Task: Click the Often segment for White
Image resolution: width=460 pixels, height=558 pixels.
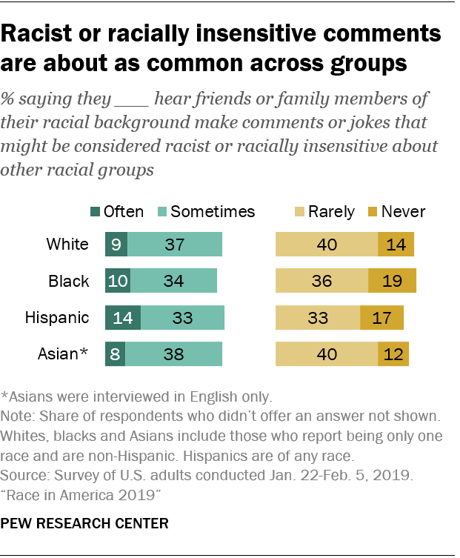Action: click(x=116, y=245)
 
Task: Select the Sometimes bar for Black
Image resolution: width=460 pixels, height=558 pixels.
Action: click(x=173, y=282)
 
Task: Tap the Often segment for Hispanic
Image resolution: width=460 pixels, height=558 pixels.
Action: click(x=122, y=318)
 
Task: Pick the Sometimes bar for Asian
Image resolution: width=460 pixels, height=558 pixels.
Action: click(x=173, y=354)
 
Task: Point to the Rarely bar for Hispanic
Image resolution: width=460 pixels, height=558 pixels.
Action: click(x=318, y=318)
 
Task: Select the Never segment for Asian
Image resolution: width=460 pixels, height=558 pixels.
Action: click(x=393, y=354)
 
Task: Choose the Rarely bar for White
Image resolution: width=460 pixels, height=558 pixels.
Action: click(x=327, y=245)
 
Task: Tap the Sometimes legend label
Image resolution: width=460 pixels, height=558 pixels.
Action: click(x=213, y=212)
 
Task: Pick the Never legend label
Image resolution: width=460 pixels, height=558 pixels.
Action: click(x=404, y=212)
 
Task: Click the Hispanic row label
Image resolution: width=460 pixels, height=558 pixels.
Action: click(x=57, y=318)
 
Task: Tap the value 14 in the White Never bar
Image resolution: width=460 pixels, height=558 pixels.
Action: click(x=396, y=245)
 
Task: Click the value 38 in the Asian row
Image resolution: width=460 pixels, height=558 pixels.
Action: click(x=173, y=354)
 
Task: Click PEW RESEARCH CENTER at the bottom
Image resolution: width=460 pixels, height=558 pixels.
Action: click(x=85, y=523)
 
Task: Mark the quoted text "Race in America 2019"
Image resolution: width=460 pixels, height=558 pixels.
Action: click(x=74, y=492)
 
